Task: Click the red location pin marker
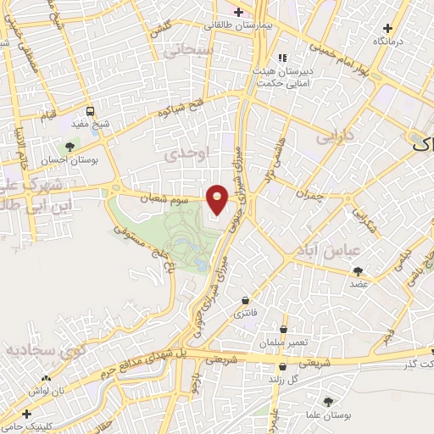219,198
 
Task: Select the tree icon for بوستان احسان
70,147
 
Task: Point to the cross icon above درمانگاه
388,28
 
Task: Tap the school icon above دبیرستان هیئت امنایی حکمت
281,58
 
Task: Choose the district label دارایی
332,135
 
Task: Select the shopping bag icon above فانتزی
246,300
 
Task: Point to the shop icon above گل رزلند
282,366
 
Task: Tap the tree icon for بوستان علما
328,401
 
